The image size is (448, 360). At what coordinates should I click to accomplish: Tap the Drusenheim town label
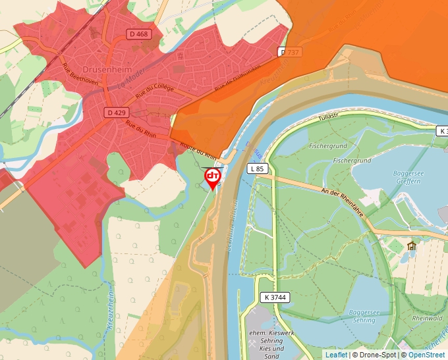[109, 69]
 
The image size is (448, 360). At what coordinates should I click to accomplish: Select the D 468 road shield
[139, 34]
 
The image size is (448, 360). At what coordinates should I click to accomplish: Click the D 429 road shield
[117, 113]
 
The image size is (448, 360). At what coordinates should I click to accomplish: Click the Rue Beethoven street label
[80, 73]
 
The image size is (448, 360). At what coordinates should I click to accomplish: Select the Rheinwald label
[427, 317]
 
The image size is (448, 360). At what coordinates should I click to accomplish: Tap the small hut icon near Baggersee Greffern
[412, 246]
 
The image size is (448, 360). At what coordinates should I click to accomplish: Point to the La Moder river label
[131, 81]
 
